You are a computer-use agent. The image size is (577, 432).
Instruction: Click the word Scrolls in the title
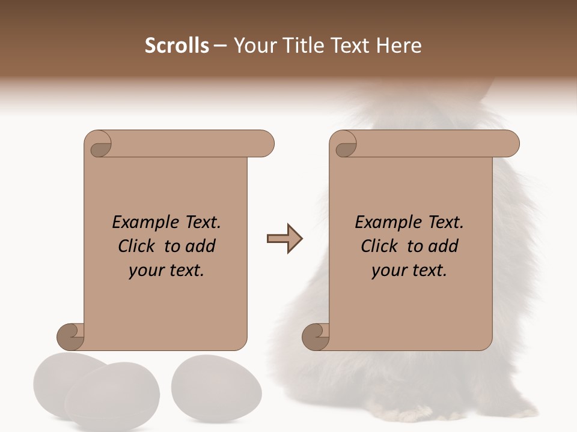coord(177,46)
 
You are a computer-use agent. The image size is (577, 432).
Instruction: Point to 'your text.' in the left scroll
coord(166,271)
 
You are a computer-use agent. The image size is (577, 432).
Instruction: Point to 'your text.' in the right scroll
coord(409,271)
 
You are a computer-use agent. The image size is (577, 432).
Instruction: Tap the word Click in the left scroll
coord(138,246)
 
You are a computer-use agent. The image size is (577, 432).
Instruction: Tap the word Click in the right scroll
coord(380,246)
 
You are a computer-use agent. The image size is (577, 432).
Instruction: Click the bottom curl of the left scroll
coord(72,337)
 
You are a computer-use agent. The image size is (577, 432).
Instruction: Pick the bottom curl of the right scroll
coord(316,337)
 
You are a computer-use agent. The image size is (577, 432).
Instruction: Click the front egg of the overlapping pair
coord(112,396)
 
